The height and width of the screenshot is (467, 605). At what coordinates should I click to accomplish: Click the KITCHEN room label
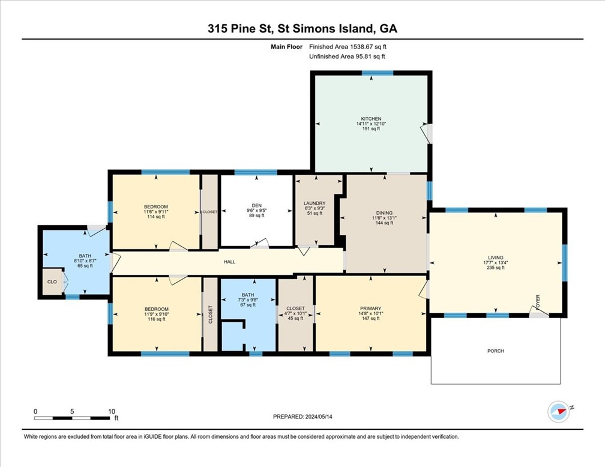click(371, 119)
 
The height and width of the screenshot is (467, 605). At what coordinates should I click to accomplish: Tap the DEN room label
click(257, 206)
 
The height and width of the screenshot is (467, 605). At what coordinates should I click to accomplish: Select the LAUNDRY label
click(315, 203)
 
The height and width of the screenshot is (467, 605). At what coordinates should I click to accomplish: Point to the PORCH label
click(496, 351)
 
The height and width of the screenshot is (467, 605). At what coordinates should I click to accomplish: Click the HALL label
click(229, 262)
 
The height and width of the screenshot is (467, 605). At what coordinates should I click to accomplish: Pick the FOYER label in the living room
click(538, 301)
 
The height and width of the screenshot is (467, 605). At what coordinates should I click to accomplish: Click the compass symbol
click(558, 412)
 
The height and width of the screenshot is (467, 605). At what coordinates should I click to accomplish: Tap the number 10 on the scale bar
click(112, 411)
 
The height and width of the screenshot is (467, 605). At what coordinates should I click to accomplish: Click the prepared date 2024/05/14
click(319, 417)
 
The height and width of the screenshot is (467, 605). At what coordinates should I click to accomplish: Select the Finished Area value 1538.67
click(361, 47)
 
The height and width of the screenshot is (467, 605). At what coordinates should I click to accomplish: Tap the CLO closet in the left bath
click(52, 282)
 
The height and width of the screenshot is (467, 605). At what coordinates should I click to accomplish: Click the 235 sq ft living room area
click(496, 268)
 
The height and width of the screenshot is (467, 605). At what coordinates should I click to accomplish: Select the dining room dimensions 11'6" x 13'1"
click(384, 218)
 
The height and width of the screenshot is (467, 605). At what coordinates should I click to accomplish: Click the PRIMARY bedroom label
click(371, 309)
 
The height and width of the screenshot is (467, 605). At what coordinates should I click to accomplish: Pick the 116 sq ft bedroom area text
click(157, 319)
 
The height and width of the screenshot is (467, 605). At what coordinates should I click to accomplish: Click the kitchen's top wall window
click(378, 73)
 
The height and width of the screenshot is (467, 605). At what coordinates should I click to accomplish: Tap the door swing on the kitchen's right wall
click(426, 133)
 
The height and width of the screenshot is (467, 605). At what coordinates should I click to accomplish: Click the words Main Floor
click(286, 47)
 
